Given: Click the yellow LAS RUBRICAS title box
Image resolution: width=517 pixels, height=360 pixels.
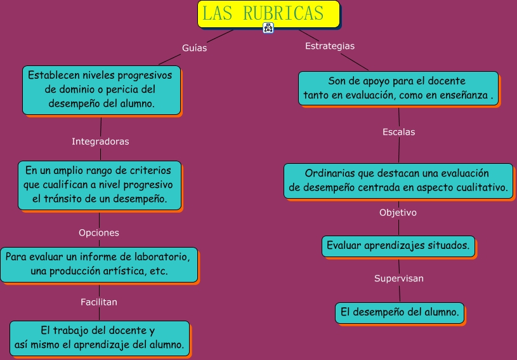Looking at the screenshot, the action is click(x=268, y=14).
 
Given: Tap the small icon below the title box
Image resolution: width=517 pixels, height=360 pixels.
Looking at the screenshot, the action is click(x=268, y=28).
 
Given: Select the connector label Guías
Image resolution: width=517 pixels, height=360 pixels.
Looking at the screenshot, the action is click(x=195, y=48).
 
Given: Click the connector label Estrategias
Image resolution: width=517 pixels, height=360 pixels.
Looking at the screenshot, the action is click(x=330, y=46).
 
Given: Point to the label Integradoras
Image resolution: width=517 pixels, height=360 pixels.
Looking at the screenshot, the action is click(x=100, y=142).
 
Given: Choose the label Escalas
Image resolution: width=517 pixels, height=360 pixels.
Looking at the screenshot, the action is click(x=398, y=132).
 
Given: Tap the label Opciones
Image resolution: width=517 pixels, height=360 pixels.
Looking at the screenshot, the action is click(x=98, y=232).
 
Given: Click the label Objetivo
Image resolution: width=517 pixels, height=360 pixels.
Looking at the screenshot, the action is click(x=398, y=213).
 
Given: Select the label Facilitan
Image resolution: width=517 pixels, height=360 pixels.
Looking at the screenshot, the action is click(x=98, y=302).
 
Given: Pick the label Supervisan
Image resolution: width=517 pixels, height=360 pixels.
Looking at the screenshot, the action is click(x=398, y=278).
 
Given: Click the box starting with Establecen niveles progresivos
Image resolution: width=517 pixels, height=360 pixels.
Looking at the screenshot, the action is click(x=101, y=90).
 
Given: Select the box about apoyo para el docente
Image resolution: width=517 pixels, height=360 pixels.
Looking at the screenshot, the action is click(x=398, y=88).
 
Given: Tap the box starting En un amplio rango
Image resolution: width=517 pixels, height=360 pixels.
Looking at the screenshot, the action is click(x=100, y=185).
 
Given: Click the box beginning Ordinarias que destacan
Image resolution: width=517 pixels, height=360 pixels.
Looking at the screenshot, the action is click(x=398, y=181).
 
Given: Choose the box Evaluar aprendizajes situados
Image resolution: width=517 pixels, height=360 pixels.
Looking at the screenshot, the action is click(x=398, y=246).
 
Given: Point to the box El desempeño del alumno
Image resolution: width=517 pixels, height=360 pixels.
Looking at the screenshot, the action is click(x=400, y=313).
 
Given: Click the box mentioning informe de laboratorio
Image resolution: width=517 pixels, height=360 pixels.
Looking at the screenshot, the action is click(x=99, y=265).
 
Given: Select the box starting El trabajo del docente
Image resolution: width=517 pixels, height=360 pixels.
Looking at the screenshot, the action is click(x=100, y=338).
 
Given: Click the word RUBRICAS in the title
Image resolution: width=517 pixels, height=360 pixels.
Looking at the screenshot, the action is click(x=284, y=13).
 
